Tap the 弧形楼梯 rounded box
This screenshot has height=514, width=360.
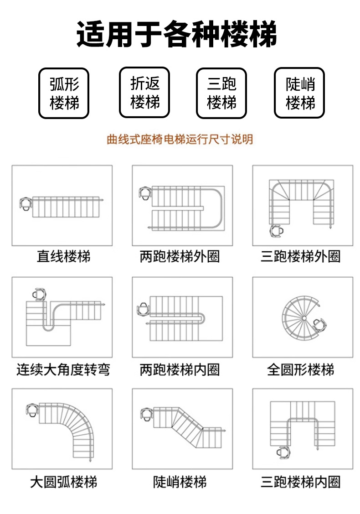(64, 93)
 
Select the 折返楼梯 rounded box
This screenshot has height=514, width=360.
(144, 93)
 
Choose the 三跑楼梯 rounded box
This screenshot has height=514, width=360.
(221, 93)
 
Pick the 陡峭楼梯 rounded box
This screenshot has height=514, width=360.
(299, 93)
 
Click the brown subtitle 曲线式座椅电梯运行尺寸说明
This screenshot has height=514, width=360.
(180, 139)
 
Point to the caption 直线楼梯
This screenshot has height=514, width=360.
(63, 256)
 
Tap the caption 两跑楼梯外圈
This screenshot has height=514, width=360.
(180, 256)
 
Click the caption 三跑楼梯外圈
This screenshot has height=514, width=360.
(300, 256)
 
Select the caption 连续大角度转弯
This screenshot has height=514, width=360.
(63, 369)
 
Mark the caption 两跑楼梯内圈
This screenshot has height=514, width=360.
(180, 369)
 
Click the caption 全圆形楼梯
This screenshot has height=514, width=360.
(300, 369)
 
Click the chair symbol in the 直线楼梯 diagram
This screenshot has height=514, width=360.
(26, 203)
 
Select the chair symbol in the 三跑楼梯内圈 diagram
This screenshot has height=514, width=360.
(282, 451)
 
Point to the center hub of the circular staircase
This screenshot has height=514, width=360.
(302, 317)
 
